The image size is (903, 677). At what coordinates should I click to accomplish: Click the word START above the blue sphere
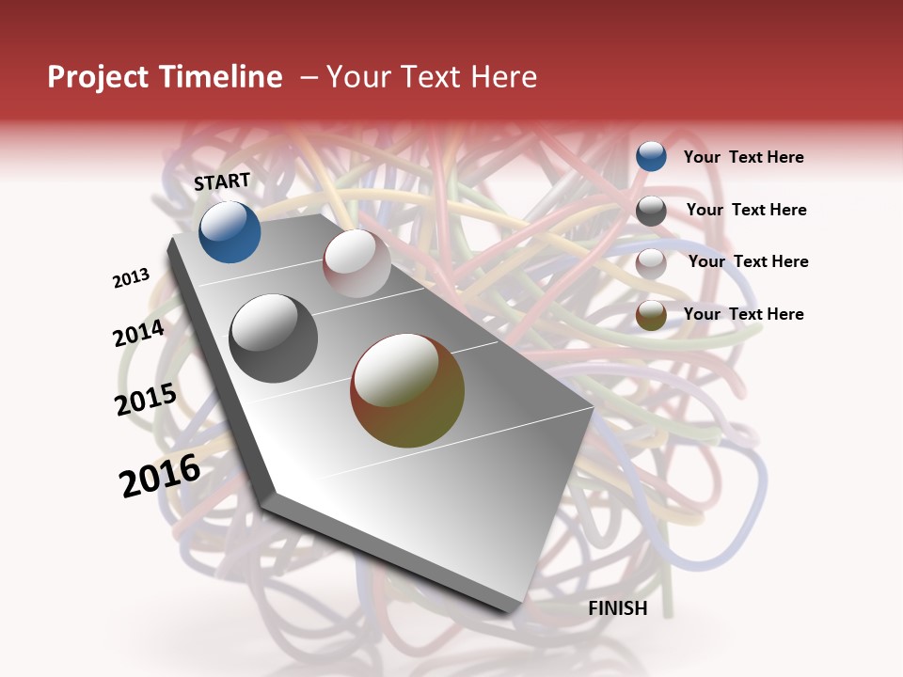click(x=222, y=181)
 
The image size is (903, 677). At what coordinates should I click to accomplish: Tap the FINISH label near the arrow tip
click(x=617, y=608)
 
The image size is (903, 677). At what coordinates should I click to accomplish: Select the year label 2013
click(x=131, y=278)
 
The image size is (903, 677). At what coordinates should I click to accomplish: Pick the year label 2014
click(x=138, y=334)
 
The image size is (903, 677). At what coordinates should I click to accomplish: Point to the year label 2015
click(x=146, y=400)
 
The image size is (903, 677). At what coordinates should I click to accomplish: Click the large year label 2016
click(x=160, y=476)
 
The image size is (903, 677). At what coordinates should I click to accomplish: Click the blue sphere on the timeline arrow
click(x=230, y=231)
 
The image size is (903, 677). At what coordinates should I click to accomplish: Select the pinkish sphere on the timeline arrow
click(x=356, y=263)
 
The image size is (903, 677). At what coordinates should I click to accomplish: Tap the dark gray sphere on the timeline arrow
click(x=274, y=338)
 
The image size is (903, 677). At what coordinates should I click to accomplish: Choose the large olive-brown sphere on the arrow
click(x=407, y=390)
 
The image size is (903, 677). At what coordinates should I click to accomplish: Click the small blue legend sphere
click(x=651, y=156)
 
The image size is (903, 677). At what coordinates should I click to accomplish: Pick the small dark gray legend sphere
click(x=651, y=211)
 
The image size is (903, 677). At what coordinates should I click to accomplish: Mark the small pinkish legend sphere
click(x=651, y=263)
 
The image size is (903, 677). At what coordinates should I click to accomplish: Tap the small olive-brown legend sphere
click(x=651, y=316)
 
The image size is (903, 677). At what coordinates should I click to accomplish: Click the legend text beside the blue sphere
click(x=743, y=157)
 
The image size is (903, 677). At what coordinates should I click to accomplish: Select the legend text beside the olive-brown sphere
click(x=743, y=314)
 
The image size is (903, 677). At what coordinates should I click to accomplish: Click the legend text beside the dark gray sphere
click(x=746, y=210)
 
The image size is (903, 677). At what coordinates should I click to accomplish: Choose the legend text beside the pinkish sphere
click(x=748, y=261)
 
